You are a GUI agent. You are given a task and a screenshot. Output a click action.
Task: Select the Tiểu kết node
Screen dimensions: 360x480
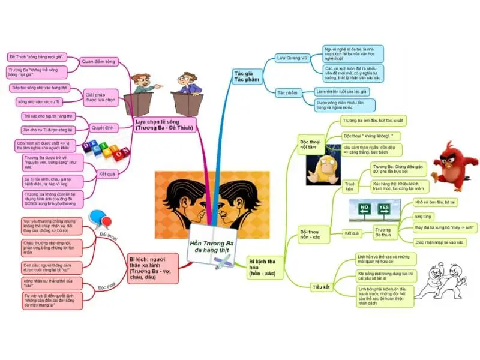pyautogui.click(x=321, y=287)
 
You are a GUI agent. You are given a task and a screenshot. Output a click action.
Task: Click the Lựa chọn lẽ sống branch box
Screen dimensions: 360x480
pyautogui.click(x=160, y=125)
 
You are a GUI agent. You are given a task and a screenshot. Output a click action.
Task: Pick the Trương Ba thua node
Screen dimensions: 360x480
pyautogui.click(x=382, y=232)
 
